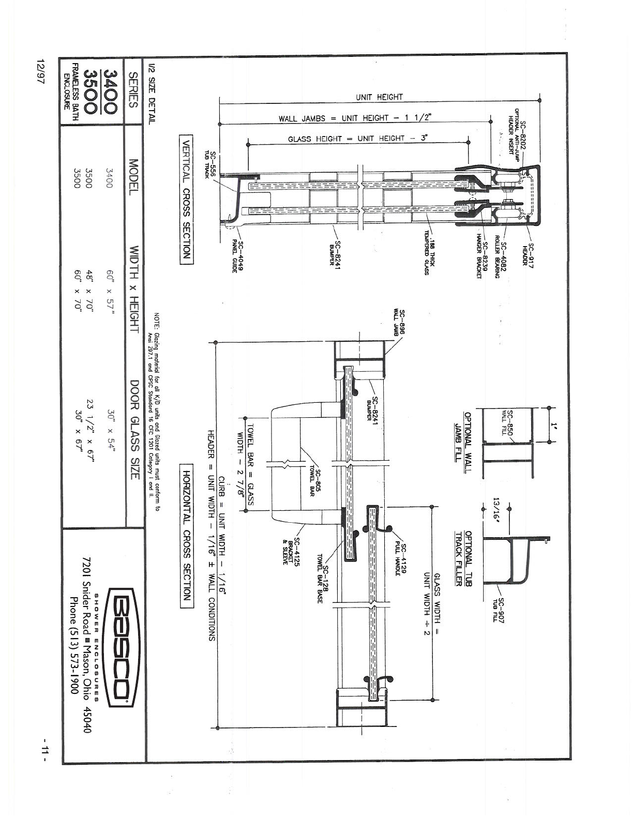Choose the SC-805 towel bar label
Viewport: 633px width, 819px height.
coord(316,482)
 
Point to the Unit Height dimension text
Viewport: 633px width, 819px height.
coord(379,97)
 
